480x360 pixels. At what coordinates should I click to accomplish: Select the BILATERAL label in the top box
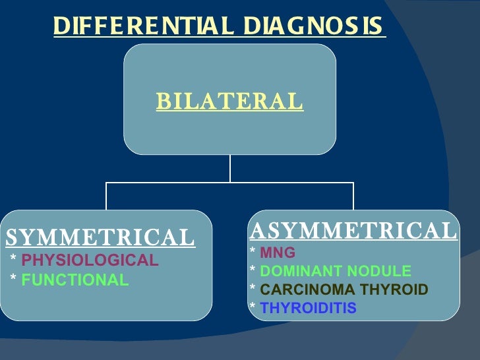[x=229, y=102]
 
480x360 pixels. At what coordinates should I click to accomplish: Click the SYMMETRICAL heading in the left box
[x=100, y=237]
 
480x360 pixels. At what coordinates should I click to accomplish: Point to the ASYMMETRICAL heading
[x=353, y=231]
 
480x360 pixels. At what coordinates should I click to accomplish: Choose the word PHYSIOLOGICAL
[x=90, y=260]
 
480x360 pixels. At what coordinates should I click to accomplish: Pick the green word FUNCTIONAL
[x=75, y=280]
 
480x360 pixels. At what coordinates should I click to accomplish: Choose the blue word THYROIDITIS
[x=308, y=308]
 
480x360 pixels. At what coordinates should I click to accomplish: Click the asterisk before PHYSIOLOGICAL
[x=14, y=260]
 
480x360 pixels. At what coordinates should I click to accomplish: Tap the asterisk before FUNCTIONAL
[x=14, y=280]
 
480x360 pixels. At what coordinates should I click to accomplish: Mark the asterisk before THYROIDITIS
[x=253, y=308]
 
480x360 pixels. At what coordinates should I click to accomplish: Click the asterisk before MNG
[x=253, y=253]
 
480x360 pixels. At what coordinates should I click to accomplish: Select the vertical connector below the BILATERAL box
[x=229, y=169]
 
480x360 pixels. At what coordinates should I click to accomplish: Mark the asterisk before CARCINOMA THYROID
[x=253, y=289]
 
